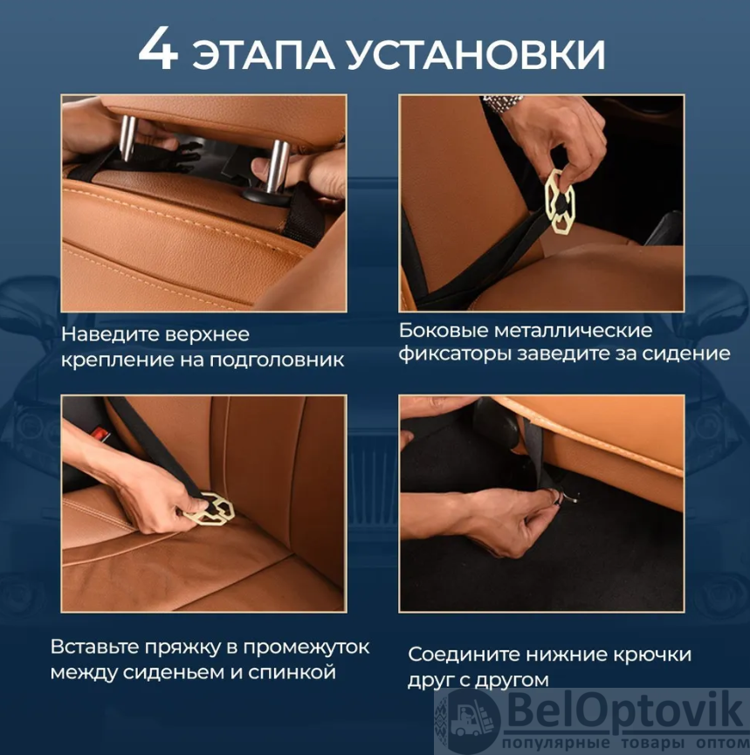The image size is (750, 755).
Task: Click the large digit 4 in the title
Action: click(159, 49)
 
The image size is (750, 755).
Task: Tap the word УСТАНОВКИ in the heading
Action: click(476, 54)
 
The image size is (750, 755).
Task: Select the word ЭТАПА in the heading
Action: click(264, 54)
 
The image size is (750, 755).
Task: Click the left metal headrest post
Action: click(128, 138)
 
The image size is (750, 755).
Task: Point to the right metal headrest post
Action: click(278, 166)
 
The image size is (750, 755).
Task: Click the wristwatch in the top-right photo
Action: click(505, 103)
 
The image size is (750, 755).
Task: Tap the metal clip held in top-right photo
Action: click(560, 202)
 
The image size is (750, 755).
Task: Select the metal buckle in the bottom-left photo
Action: click(210, 509)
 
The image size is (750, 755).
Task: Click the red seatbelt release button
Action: click(101, 433)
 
